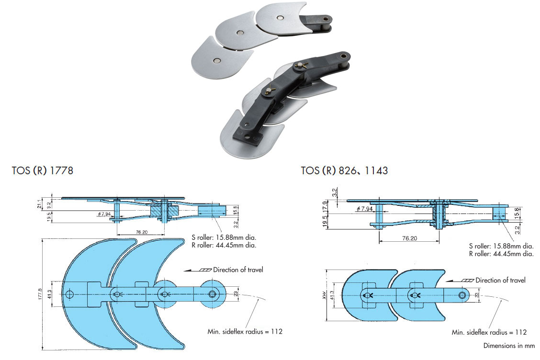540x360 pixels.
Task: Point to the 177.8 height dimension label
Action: (41, 294)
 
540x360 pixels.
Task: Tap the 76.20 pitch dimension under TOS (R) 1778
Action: (142, 232)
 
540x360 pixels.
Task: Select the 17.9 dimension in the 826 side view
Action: (325, 207)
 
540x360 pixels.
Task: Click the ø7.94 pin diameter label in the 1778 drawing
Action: (104, 214)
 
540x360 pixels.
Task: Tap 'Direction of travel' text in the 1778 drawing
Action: (238, 270)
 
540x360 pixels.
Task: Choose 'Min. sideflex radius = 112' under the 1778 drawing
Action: (245, 331)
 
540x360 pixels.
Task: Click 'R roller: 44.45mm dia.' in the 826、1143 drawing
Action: (501, 254)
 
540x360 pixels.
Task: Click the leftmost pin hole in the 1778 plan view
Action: (70, 293)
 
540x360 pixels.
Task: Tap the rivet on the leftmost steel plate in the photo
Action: (217, 61)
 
